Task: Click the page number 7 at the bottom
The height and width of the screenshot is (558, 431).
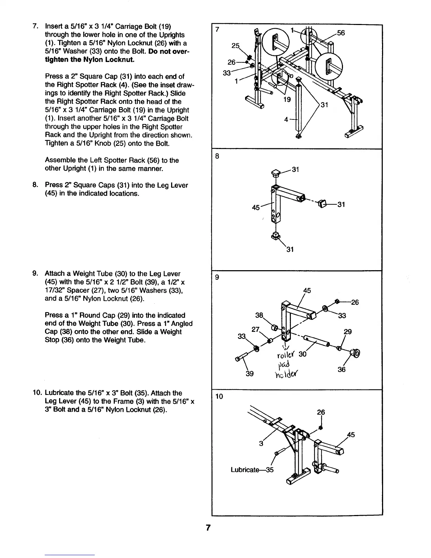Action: (208, 528)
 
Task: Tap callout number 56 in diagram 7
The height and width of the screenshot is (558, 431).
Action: (341, 33)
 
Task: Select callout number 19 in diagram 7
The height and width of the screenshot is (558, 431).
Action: (287, 99)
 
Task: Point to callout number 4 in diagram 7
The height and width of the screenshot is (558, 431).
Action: (287, 119)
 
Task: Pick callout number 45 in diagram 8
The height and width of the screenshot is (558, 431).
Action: (256, 207)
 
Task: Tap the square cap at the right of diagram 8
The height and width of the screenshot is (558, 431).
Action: (322, 203)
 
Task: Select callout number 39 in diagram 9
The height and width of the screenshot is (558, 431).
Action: (250, 373)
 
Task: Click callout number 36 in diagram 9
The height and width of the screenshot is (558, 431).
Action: (341, 369)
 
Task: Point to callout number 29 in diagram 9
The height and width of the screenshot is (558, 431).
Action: (348, 332)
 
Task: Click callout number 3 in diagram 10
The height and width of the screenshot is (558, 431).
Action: (261, 444)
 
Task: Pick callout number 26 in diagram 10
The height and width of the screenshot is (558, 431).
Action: (321, 412)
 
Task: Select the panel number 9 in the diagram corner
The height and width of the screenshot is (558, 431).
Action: (217, 277)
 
